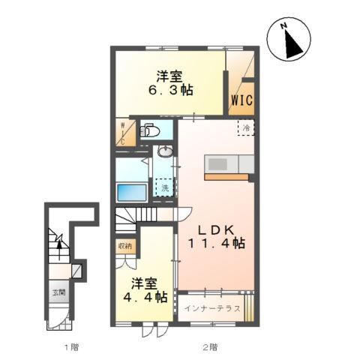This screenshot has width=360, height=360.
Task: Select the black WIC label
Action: [240, 99]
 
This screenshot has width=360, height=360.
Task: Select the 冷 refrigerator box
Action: [245, 128]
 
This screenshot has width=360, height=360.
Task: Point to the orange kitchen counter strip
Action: [224, 178]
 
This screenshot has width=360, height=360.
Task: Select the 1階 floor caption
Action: [70, 347]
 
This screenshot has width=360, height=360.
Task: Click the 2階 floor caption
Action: [210, 347]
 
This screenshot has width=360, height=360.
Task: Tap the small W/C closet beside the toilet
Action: [124, 133]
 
